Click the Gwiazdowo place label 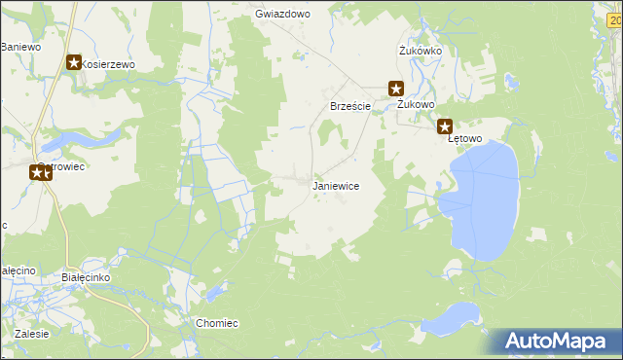[x=281, y=15]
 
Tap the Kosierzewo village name [x=108, y=64]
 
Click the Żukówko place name [x=421, y=51]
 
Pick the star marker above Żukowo [x=396, y=88]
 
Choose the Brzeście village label [x=349, y=106]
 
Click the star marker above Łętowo [x=445, y=126]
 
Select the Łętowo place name [x=464, y=139]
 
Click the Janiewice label [x=336, y=186]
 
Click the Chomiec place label [x=217, y=323]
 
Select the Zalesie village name [x=32, y=334]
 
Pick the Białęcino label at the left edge [x=17, y=270]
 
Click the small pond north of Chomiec [x=213, y=292]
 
